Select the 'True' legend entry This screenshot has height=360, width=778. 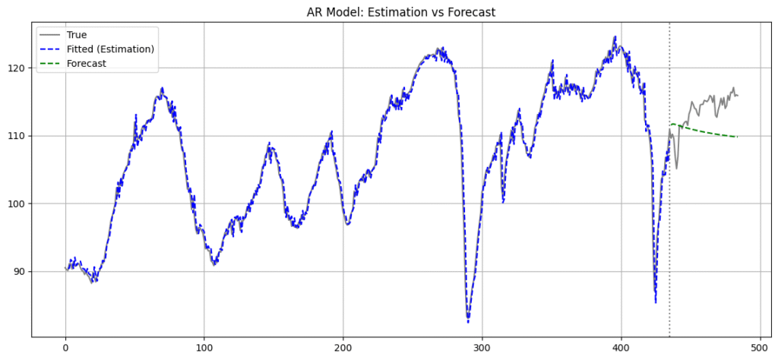tap(77, 35)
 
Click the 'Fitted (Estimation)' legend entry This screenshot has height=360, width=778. tap(110, 49)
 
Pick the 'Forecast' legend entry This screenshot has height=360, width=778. tap(86, 64)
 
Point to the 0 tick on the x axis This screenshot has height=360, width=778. tap(65, 347)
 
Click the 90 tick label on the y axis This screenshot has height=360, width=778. tap(19, 272)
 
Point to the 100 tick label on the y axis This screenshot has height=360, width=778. tap(16, 204)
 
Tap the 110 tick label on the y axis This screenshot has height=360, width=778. tap(16, 136)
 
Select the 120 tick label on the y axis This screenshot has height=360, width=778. tap(16, 68)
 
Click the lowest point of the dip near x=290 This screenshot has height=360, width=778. tap(468, 322)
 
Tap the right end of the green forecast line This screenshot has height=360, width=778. tap(738, 137)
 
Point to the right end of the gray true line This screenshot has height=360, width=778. tap(738, 96)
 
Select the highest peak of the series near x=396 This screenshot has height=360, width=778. tap(615, 36)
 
